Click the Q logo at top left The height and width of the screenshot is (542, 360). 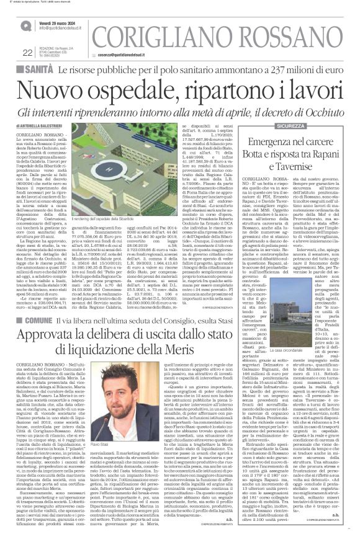[25, 25]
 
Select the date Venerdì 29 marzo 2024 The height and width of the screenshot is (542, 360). [65, 21]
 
